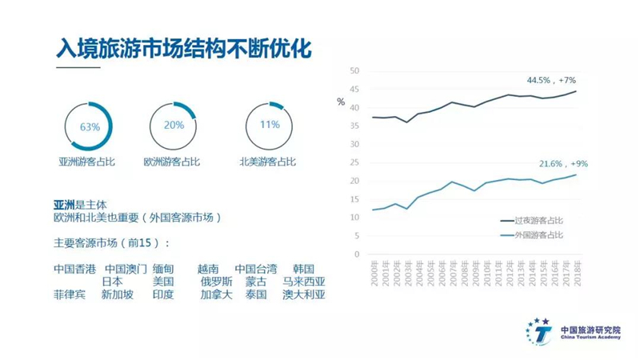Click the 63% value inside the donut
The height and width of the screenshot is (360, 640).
coord(90,127)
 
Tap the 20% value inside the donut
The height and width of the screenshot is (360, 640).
coord(174,125)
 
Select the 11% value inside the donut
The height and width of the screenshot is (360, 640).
coord(270,125)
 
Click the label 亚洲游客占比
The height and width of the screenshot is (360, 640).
coord(87,162)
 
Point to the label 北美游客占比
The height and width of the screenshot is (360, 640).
coord(267,162)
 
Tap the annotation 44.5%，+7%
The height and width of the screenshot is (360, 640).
coord(551,81)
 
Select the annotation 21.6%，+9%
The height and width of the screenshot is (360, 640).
coord(563,164)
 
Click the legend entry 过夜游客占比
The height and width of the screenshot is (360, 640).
coord(532,221)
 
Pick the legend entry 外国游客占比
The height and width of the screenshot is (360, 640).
coord(532,235)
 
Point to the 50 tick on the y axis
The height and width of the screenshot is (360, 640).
coord(354,71)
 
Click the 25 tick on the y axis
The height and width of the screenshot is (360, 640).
coord(354,162)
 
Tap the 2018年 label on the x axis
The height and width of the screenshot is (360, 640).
coord(577,273)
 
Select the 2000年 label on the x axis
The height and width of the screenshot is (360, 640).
coord(374,273)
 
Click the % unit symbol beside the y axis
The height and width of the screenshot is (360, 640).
coord(341,102)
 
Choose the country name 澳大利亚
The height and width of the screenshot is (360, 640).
coord(304,294)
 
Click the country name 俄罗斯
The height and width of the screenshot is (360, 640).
coord(216,282)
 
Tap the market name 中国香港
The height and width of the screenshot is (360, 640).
coord(74,269)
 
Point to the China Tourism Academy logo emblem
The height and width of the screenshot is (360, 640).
coord(538,331)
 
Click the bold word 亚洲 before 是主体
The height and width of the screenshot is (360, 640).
coord(64,205)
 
